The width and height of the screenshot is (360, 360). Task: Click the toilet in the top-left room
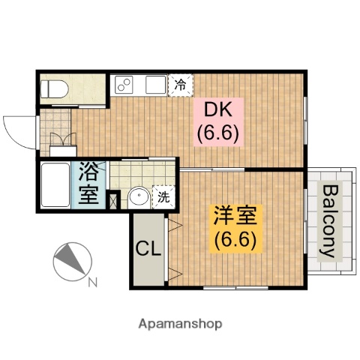[55, 88]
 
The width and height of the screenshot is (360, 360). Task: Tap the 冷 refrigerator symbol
[181, 84]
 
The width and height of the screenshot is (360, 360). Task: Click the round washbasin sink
[138, 198]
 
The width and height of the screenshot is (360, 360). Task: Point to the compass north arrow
[72, 260]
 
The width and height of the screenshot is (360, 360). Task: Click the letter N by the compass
[93, 283]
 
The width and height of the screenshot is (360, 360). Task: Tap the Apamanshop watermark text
[179, 324]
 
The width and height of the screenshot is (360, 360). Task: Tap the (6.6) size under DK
[217, 136]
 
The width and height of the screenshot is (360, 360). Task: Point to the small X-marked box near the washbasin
[113, 200]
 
